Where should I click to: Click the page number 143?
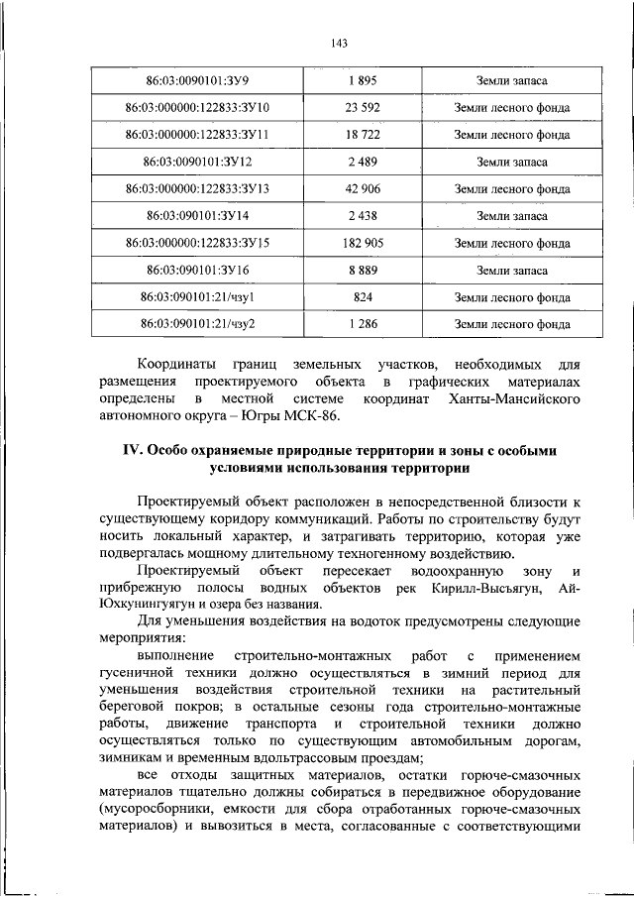[x=317, y=44]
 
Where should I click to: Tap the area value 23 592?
[x=365, y=107]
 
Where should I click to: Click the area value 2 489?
[x=365, y=161]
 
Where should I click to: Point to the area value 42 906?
[x=365, y=187]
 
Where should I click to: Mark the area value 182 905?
[x=365, y=242]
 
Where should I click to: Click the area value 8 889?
[x=365, y=269]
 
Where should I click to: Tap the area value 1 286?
[x=365, y=323]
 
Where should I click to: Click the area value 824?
[x=365, y=296]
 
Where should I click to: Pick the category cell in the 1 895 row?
[x=511, y=80]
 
